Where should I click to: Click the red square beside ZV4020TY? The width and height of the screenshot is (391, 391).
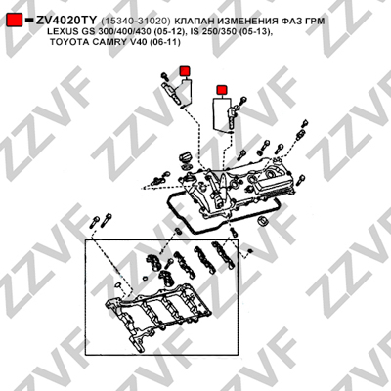coord(15,21)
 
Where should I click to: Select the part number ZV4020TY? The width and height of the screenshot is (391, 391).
coord(66,21)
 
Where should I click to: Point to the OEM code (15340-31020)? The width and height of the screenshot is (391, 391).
coord(136,21)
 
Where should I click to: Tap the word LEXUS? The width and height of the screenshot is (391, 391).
coord(62,32)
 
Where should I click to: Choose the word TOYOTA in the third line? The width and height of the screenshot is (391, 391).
coord(65,42)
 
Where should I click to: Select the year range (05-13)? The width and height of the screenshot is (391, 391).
coord(252,32)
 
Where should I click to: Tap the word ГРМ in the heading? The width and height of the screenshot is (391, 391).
coord(315,21)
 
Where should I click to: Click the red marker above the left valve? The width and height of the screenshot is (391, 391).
coord(185,70)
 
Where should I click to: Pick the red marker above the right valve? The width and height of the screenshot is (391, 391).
coord(222,90)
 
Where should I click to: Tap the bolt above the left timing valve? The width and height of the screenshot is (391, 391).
coord(165,76)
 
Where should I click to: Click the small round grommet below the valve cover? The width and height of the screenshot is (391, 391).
coord(263,220)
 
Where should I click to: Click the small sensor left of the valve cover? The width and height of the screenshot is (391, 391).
coord(158,180)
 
